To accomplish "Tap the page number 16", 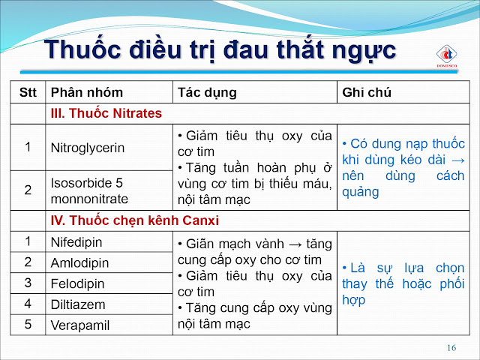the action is pos(451,348).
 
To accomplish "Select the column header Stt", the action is pos(28,92).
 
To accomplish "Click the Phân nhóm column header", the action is pos(87,92).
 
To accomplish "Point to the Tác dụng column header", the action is pos(207,93).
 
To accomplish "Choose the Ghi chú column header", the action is pos(367,92).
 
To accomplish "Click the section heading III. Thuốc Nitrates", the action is pos(106,113).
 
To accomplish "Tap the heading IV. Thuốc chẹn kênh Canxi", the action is pos(135,220).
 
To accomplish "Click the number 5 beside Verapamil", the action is pos(28,325).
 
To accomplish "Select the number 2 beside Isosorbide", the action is pos(28,190).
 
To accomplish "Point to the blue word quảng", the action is pos(360,193).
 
